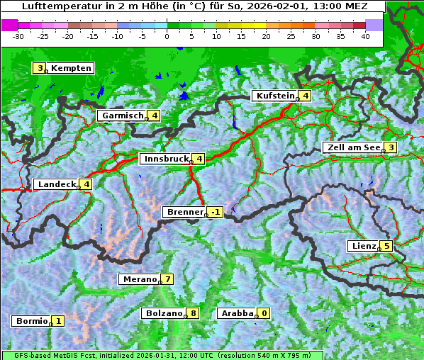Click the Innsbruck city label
point(164,159)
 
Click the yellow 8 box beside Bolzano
point(193,313)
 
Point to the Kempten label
point(72,68)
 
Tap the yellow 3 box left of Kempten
point(40,68)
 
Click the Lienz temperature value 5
point(386,246)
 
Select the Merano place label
point(139,279)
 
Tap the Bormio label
point(30,321)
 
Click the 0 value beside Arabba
point(264,313)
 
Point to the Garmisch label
point(123,116)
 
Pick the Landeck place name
point(57,184)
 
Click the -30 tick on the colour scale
point(18,35)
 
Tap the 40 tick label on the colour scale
point(365,35)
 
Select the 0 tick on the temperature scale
point(167,35)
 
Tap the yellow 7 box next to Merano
point(167,279)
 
